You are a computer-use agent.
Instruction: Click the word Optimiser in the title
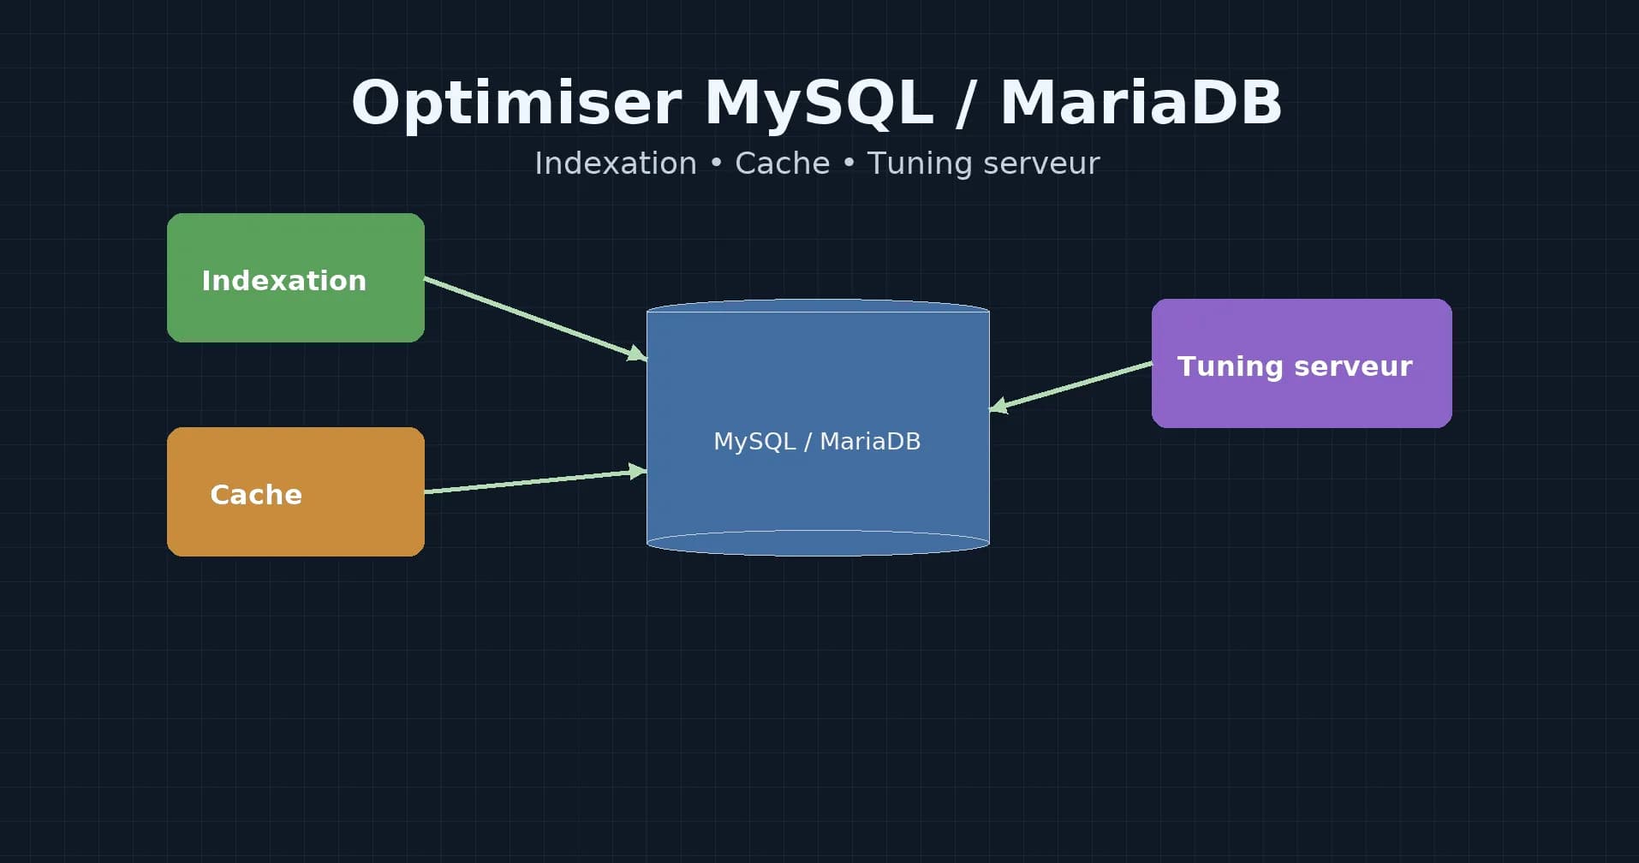[x=516, y=104]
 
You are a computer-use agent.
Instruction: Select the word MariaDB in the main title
[x=1141, y=104]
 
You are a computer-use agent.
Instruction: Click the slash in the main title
[x=966, y=104]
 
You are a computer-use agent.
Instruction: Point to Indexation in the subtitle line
[x=616, y=164]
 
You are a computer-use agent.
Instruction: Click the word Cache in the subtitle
[x=782, y=164]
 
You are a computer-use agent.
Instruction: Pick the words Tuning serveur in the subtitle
[x=983, y=164]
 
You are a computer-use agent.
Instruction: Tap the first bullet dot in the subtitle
[x=716, y=164]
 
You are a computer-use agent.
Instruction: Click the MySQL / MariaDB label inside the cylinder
[x=817, y=441]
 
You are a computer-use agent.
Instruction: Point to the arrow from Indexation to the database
[x=531, y=317]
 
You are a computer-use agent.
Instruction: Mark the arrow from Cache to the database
[x=531, y=482]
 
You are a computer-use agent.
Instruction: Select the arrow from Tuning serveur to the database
[x=1075, y=385]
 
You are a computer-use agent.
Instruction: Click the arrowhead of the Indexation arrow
[x=638, y=354]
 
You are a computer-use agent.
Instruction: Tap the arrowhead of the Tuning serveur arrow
[x=998, y=406]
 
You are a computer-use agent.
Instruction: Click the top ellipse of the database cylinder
[x=818, y=306]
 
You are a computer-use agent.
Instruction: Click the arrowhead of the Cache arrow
[x=638, y=471]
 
